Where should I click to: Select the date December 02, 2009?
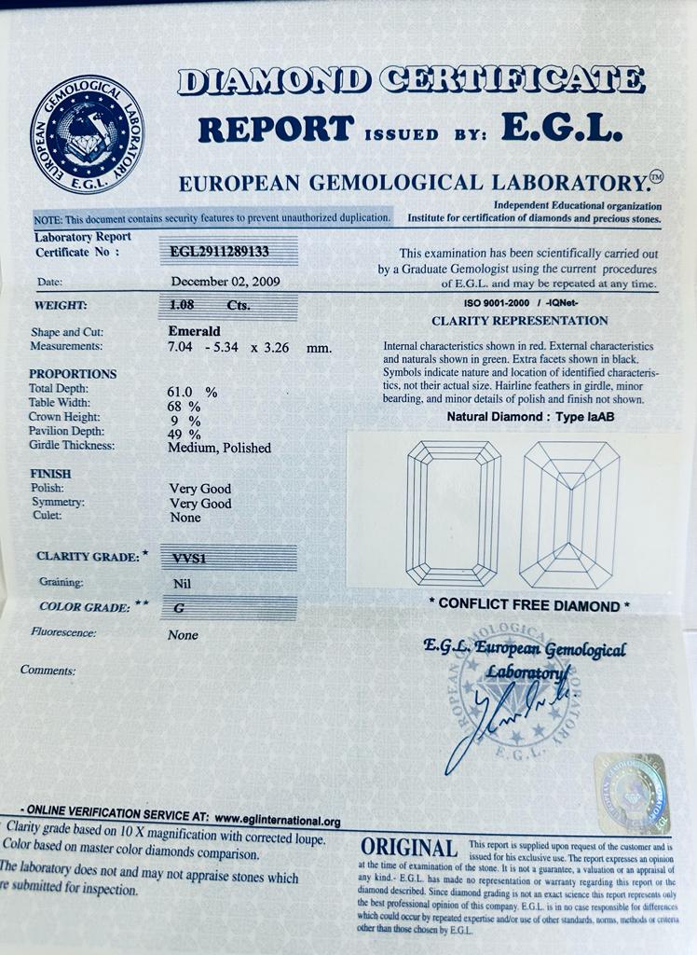pos(225,281)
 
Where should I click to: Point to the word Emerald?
pos(194,331)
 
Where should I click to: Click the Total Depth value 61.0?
pos(182,392)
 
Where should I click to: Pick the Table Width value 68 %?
pos(184,406)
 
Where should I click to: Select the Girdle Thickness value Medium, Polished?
pos(219,448)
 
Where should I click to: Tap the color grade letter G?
pos(179,607)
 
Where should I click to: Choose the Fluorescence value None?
pos(183,635)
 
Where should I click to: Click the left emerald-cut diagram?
pos(453,513)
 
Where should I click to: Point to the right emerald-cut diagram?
pos(569,513)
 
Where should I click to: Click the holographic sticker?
pos(631,794)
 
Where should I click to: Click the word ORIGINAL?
pos(408,848)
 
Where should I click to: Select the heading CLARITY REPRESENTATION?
pos(519,321)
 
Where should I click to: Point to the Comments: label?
pos(48,670)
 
